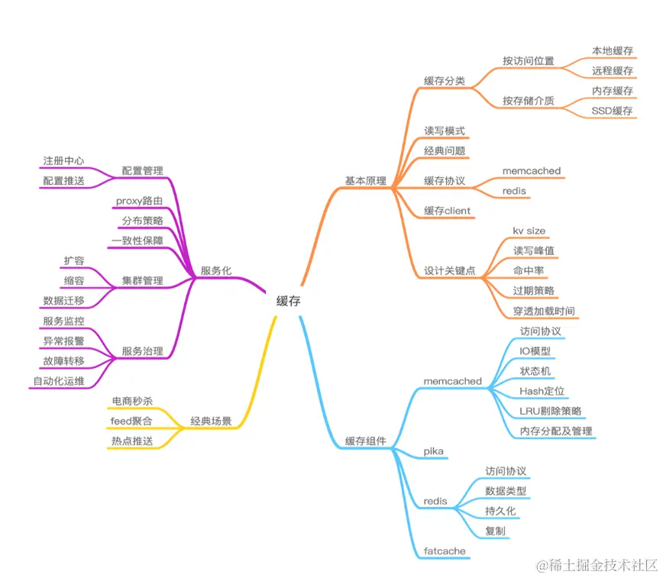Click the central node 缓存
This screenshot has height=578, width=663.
(x=289, y=302)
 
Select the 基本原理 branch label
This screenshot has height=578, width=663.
(x=366, y=182)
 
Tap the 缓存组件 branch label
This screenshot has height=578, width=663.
(x=365, y=441)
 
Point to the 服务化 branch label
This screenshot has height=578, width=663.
(x=216, y=271)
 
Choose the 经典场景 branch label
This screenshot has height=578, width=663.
(x=211, y=421)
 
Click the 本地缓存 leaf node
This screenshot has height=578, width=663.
(x=612, y=51)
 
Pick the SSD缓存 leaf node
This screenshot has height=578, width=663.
(x=612, y=111)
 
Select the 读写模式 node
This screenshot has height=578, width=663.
(x=445, y=131)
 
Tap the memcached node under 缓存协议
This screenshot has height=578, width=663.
(x=532, y=171)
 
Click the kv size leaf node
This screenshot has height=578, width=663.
(x=529, y=231)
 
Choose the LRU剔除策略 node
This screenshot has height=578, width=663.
(x=550, y=411)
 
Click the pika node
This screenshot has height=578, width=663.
(x=433, y=451)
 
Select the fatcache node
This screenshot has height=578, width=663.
(x=445, y=551)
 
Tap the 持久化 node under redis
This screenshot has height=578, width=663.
(x=500, y=511)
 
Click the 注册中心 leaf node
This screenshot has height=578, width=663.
(x=63, y=161)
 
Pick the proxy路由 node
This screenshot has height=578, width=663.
(x=139, y=201)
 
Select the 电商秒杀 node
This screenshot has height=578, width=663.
(x=131, y=401)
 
